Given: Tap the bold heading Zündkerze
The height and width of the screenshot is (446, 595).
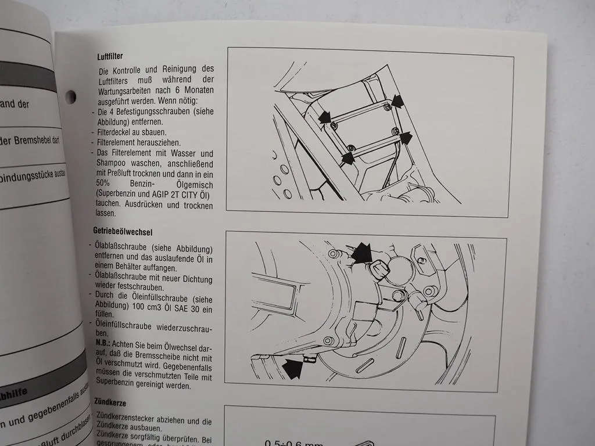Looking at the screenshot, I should (109, 402).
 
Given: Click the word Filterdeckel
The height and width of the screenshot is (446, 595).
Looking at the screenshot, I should (115, 132).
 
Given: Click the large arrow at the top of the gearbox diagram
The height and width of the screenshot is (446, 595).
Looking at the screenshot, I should (362, 252).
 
